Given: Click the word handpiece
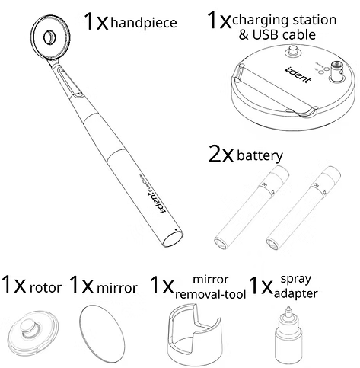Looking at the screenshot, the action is pos(144,23).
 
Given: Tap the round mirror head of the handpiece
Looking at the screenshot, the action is pos(51,37).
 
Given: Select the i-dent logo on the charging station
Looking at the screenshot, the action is pos(298,75).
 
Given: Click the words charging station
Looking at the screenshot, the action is pos(284,21).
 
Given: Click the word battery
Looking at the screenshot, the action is pos(260,155).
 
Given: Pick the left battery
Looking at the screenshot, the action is pos(251,207).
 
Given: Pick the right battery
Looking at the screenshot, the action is pos(303,207).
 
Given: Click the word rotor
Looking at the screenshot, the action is pos(46,288).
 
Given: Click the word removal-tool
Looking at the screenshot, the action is pos(211,294).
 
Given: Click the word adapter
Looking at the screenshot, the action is pos(296,294).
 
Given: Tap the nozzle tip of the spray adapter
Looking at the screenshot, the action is pos(288,309).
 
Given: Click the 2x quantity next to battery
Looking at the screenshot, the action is pos(221,154).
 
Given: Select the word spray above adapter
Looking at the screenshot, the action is pos(296,280).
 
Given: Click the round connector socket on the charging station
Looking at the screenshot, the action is pos(337,67).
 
